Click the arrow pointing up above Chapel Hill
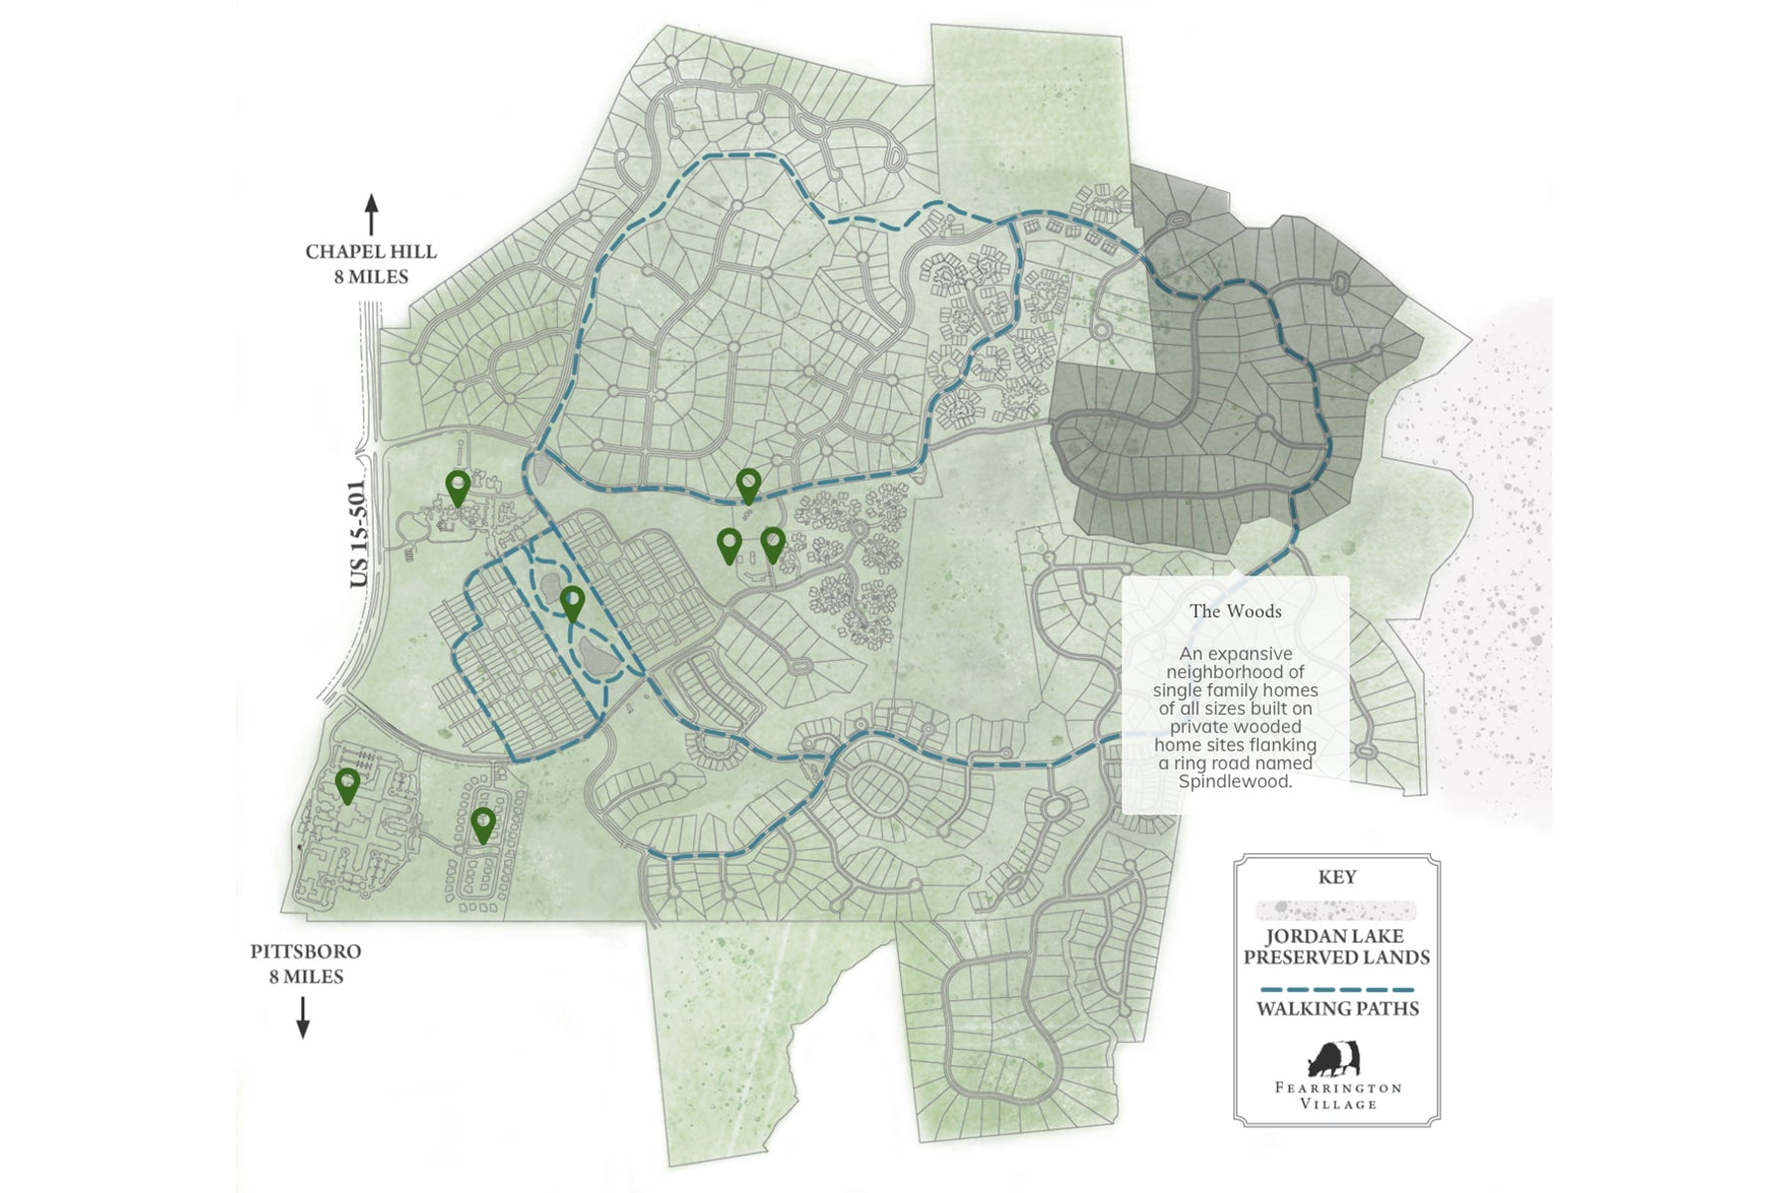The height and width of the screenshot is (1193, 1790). (371, 215)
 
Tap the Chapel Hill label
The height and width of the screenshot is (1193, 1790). (371, 253)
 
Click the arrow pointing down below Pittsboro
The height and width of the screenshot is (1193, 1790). (303, 1017)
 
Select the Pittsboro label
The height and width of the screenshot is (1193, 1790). (305, 951)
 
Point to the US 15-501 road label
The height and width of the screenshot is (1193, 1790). (359, 534)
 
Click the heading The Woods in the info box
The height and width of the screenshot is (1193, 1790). (1235, 611)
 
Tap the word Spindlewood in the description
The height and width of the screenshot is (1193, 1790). (1235, 781)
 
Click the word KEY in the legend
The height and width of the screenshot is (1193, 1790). (1337, 877)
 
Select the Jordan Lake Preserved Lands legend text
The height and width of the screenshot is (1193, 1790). (1337, 946)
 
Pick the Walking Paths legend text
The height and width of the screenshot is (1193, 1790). (1337, 1008)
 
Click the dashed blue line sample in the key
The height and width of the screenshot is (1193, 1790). (1337, 990)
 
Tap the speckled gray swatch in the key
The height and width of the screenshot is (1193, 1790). (1337, 910)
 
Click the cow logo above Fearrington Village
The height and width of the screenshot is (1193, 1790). (1334, 1059)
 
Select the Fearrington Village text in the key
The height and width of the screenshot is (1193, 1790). (1338, 1096)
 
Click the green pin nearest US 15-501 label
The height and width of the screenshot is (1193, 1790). (457, 487)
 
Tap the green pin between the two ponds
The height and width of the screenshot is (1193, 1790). (572, 602)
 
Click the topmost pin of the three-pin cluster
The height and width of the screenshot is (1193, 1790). (748, 485)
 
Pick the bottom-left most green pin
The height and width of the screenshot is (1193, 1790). (347, 784)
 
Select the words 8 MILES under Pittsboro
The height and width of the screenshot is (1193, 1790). (305, 977)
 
